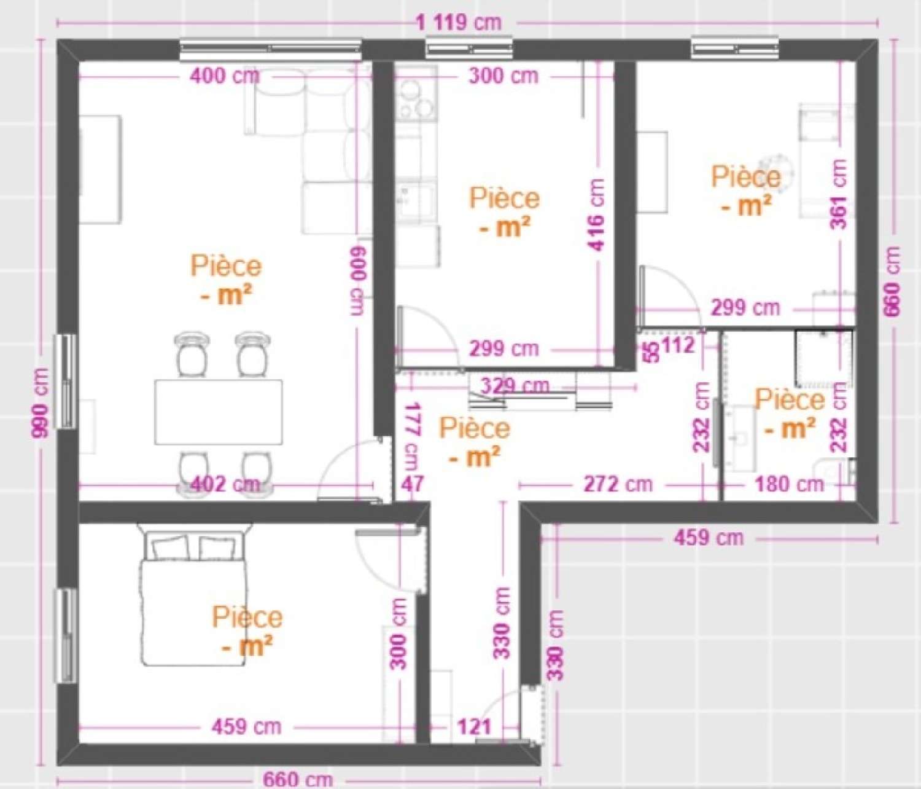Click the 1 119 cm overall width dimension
click(x=459, y=23)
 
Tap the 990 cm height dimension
click(x=41, y=402)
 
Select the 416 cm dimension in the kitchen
click(x=596, y=214)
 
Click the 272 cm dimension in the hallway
click(x=617, y=484)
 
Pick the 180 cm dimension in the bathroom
click(x=788, y=484)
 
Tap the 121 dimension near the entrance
click(x=475, y=727)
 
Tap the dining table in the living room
click(x=218, y=412)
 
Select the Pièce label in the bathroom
click(x=790, y=400)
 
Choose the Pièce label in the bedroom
click(x=247, y=618)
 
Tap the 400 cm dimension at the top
click(x=225, y=77)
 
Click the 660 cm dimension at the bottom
click(x=298, y=780)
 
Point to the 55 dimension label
click(x=651, y=350)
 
